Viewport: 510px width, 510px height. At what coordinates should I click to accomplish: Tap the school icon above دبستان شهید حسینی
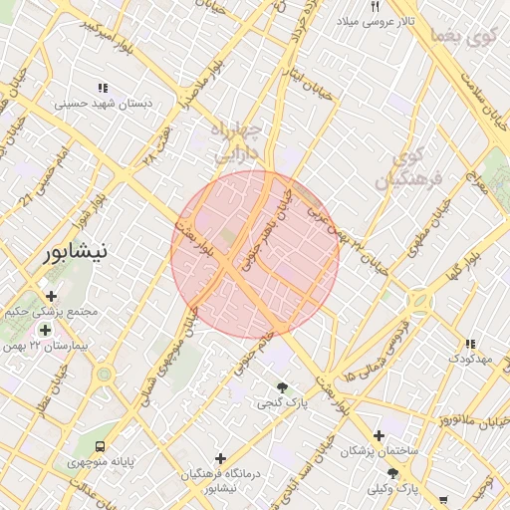(103, 89)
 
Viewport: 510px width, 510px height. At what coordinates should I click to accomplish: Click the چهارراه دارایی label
(236, 142)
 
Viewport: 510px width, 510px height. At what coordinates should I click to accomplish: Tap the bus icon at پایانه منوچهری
(99, 446)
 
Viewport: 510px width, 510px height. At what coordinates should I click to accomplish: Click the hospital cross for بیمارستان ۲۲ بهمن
(45, 330)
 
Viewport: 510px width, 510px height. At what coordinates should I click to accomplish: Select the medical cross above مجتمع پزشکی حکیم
(51, 295)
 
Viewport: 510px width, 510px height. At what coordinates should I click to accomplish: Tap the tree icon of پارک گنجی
(283, 387)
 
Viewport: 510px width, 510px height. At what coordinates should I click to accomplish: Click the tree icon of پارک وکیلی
(392, 473)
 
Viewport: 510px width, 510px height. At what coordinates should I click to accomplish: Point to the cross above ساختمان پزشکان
(378, 435)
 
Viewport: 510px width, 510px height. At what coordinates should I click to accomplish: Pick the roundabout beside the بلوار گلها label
(418, 299)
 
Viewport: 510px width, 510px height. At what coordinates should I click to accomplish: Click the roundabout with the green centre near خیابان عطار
(104, 375)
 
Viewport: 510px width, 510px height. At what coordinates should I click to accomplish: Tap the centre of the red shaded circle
(255, 255)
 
